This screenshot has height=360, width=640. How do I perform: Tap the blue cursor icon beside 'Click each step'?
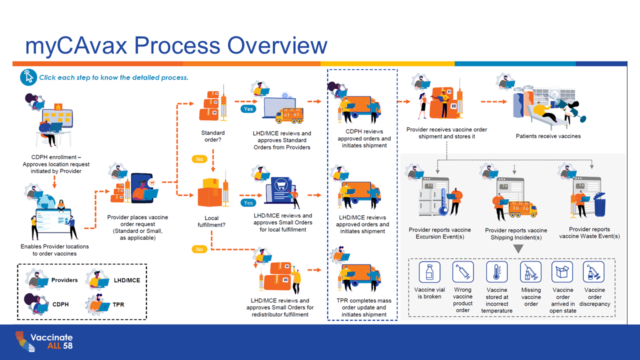pos(28,77)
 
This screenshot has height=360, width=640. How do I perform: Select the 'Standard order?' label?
pos(213,136)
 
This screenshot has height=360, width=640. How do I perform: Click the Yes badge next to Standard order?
pos(248,108)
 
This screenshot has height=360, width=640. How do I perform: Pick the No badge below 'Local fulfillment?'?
pos(199,249)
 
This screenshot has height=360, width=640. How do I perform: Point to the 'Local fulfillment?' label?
pos(211,221)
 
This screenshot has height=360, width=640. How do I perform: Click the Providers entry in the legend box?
pos(64,280)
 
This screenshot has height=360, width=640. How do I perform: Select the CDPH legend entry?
pos(60,304)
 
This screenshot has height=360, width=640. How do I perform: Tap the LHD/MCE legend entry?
pos(127,280)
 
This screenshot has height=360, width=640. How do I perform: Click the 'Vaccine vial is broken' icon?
pos(429,272)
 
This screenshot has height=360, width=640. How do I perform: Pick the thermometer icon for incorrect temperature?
pos(497,272)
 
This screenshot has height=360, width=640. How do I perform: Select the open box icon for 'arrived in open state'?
pos(562,272)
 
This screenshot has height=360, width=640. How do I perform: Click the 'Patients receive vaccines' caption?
pos(548,136)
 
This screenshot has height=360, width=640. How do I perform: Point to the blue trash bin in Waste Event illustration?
pos(599,205)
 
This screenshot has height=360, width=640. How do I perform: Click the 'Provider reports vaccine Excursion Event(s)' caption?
pos(440,233)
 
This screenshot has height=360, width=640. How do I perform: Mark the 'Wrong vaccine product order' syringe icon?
pos(463,272)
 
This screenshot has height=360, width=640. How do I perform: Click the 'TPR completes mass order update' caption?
pos(364,307)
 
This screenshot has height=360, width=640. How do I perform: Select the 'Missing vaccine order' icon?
pos(530,272)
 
